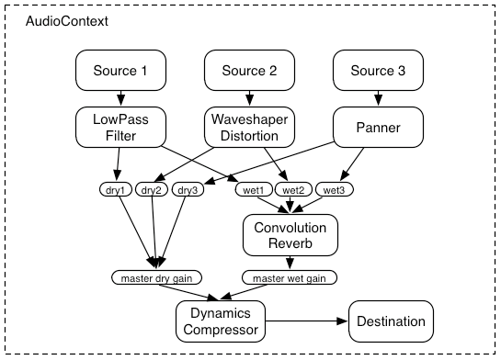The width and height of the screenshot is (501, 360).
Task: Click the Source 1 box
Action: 119,71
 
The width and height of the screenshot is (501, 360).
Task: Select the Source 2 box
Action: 246,71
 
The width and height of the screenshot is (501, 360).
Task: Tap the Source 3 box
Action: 376,71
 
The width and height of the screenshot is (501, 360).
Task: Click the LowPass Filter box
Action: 119,128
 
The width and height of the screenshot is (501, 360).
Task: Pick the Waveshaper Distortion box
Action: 246,128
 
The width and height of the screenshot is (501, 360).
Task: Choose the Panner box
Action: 376,128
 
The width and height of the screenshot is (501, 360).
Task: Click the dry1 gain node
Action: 114,190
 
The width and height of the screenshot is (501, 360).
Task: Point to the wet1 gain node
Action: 252,190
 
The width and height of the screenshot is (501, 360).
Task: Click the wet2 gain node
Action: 293,190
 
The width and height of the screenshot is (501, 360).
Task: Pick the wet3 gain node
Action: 335,190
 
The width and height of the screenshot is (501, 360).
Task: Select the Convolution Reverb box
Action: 290,234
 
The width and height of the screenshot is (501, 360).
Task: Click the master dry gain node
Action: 156,276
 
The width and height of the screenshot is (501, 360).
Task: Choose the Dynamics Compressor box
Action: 220,321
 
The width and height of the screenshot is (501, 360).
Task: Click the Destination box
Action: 392,321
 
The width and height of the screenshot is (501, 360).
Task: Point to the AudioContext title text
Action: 66,19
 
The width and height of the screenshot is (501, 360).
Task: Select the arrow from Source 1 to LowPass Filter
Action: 119,98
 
